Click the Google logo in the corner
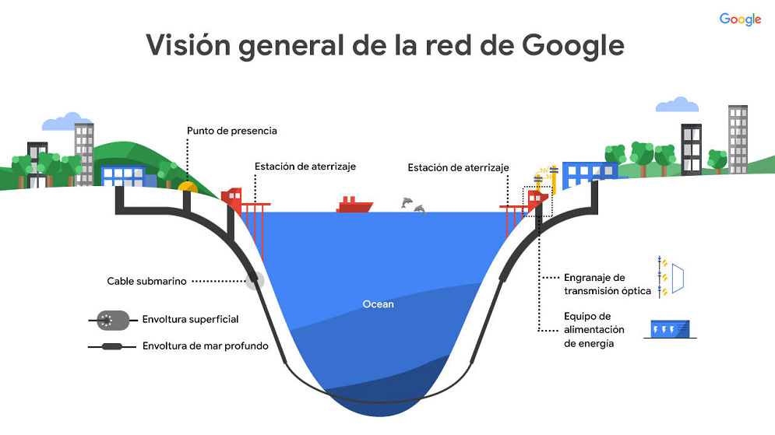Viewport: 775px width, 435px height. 739,20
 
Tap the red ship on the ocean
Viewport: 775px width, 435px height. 354,205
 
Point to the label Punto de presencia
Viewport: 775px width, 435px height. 231,131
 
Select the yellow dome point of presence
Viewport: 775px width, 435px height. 188,187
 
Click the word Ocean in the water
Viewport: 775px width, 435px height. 379,303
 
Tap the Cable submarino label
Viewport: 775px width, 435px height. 146,281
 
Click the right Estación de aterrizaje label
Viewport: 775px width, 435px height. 458,167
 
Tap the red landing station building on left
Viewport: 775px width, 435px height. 231,198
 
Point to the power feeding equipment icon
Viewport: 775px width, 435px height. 668,329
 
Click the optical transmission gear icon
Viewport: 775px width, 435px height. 671,277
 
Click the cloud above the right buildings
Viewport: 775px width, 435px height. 676,104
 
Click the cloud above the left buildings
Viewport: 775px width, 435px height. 65,121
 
